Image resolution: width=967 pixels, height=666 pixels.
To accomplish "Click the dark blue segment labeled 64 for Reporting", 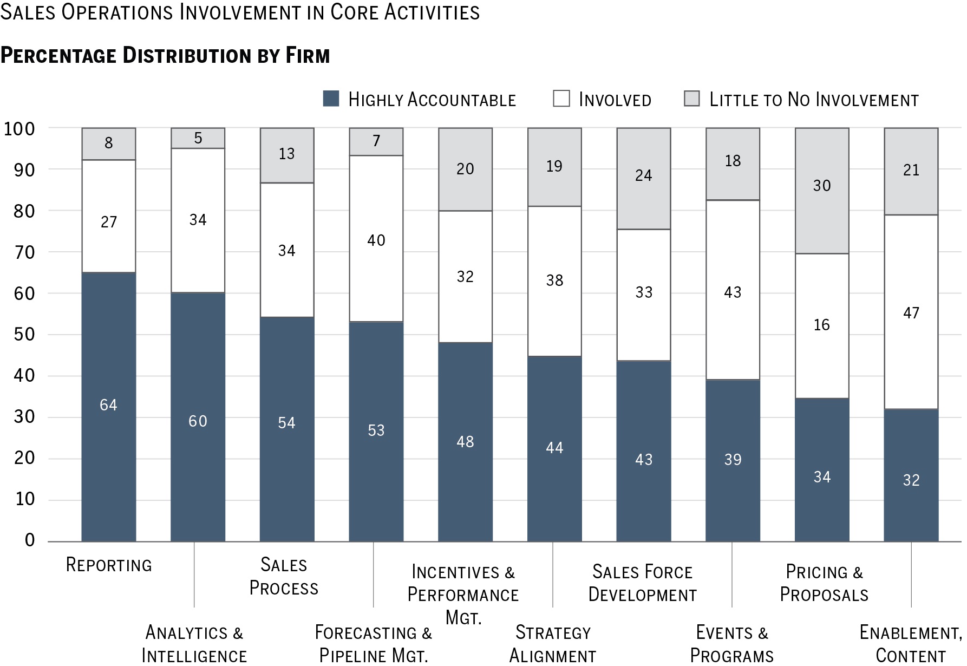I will (x=108, y=406).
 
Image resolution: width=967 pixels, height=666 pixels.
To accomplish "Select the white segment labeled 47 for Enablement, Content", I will (x=911, y=312).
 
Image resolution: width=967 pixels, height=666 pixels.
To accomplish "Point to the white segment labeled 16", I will (x=821, y=325).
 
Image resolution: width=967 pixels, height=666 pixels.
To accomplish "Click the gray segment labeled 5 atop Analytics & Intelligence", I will (x=198, y=138).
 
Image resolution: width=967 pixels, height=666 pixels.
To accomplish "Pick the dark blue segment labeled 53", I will (x=376, y=431).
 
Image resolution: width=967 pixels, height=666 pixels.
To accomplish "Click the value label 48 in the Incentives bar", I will (x=465, y=442).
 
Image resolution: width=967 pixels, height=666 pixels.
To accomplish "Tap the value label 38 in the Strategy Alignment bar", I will (x=554, y=280).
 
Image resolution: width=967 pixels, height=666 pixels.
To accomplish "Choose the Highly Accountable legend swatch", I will (x=331, y=99).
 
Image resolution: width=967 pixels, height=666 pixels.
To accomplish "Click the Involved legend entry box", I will (x=561, y=99).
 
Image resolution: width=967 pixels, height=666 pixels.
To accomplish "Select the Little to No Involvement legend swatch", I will (x=692, y=99).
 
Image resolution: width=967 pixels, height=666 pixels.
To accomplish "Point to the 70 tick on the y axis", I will (x=24, y=252).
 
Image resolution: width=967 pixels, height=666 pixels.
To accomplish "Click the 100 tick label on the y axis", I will (x=19, y=129).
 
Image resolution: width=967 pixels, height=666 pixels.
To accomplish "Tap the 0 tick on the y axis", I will (x=30, y=540).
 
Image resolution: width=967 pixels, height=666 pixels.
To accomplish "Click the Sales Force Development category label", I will (x=643, y=583).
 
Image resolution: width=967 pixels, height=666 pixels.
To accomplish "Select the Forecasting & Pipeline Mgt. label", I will (x=374, y=644).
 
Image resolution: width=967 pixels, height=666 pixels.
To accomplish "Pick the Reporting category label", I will (x=109, y=565).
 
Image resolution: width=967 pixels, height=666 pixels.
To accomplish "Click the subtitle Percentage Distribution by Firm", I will (x=165, y=56).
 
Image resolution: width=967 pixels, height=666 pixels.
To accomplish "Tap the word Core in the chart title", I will (x=355, y=12).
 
